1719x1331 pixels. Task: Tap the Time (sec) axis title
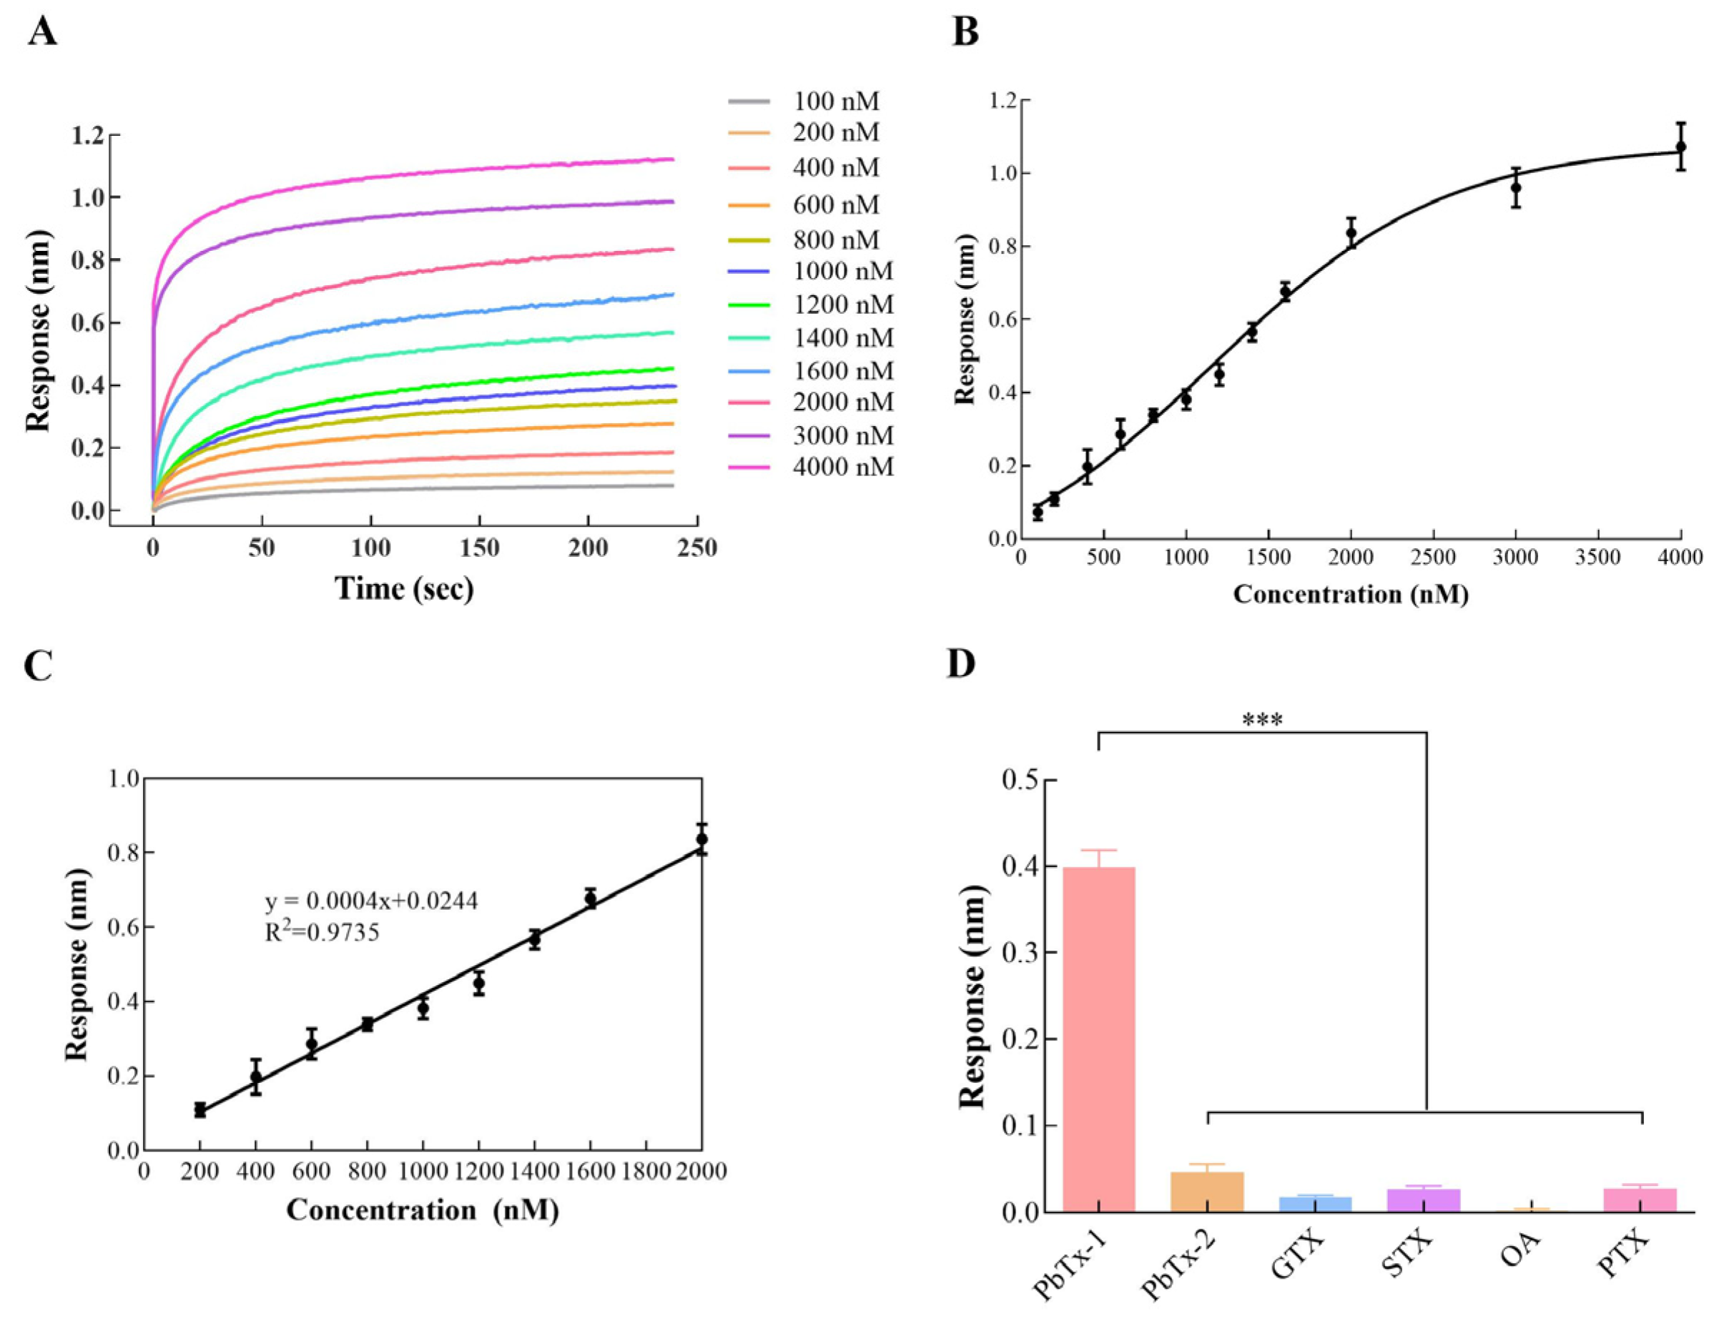(405, 588)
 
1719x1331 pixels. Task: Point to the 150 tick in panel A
(479, 548)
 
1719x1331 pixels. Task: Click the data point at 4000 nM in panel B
(1680, 147)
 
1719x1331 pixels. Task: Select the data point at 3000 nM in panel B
(1515, 187)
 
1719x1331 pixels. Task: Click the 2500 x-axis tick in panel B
(1433, 558)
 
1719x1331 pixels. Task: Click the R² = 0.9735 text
(322, 932)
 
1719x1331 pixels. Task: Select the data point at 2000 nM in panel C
(701, 839)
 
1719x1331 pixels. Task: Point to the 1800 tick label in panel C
(646, 1172)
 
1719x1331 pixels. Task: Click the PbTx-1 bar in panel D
(1098, 1039)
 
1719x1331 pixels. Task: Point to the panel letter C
(39, 665)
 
